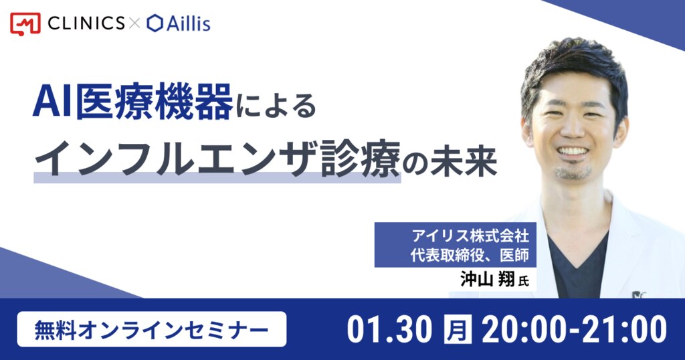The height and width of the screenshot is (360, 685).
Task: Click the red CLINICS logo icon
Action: [x=25, y=23]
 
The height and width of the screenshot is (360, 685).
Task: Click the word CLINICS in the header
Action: [x=86, y=23]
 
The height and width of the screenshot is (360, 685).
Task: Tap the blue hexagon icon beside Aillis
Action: [x=155, y=23]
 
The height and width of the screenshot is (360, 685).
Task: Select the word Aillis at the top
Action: [x=188, y=23]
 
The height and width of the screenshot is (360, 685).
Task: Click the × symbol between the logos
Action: [x=134, y=23]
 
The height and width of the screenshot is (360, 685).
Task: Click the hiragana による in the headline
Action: [x=276, y=105]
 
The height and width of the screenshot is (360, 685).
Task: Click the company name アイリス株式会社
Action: [x=470, y=236]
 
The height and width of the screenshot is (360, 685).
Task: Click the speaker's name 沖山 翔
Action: [x=488, y=279]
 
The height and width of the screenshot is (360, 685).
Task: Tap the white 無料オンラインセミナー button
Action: [x=152, y=329]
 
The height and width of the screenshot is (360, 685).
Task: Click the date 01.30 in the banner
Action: [x=390, y=329]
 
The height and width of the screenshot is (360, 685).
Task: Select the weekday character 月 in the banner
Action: [x=458, y=329]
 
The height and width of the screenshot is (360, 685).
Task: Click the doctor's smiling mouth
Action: [x=573, y=151]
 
